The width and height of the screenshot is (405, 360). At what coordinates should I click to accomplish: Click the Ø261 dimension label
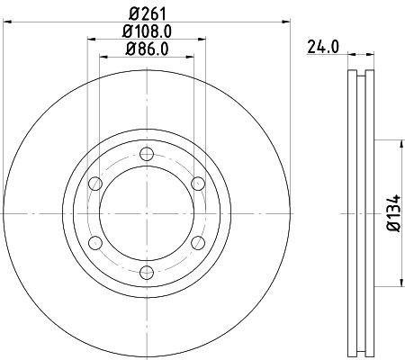coord(148,13)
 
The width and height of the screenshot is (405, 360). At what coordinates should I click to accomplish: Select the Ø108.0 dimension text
coord(147,31)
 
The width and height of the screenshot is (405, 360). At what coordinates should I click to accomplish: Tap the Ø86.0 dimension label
coord(147,49)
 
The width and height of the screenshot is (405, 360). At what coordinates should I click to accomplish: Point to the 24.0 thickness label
coord(323,48)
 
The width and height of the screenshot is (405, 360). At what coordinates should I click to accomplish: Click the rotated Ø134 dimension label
coord(394,213)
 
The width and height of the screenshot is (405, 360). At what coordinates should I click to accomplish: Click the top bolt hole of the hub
coord(147,154)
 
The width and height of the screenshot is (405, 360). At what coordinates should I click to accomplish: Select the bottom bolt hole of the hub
coord(147,273)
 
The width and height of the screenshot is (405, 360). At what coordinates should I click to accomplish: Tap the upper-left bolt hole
coord(95,184)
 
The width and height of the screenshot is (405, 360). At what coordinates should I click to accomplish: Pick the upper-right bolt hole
coord(198,184)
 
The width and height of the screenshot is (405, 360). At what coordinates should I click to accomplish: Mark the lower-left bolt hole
coord(95,243)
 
